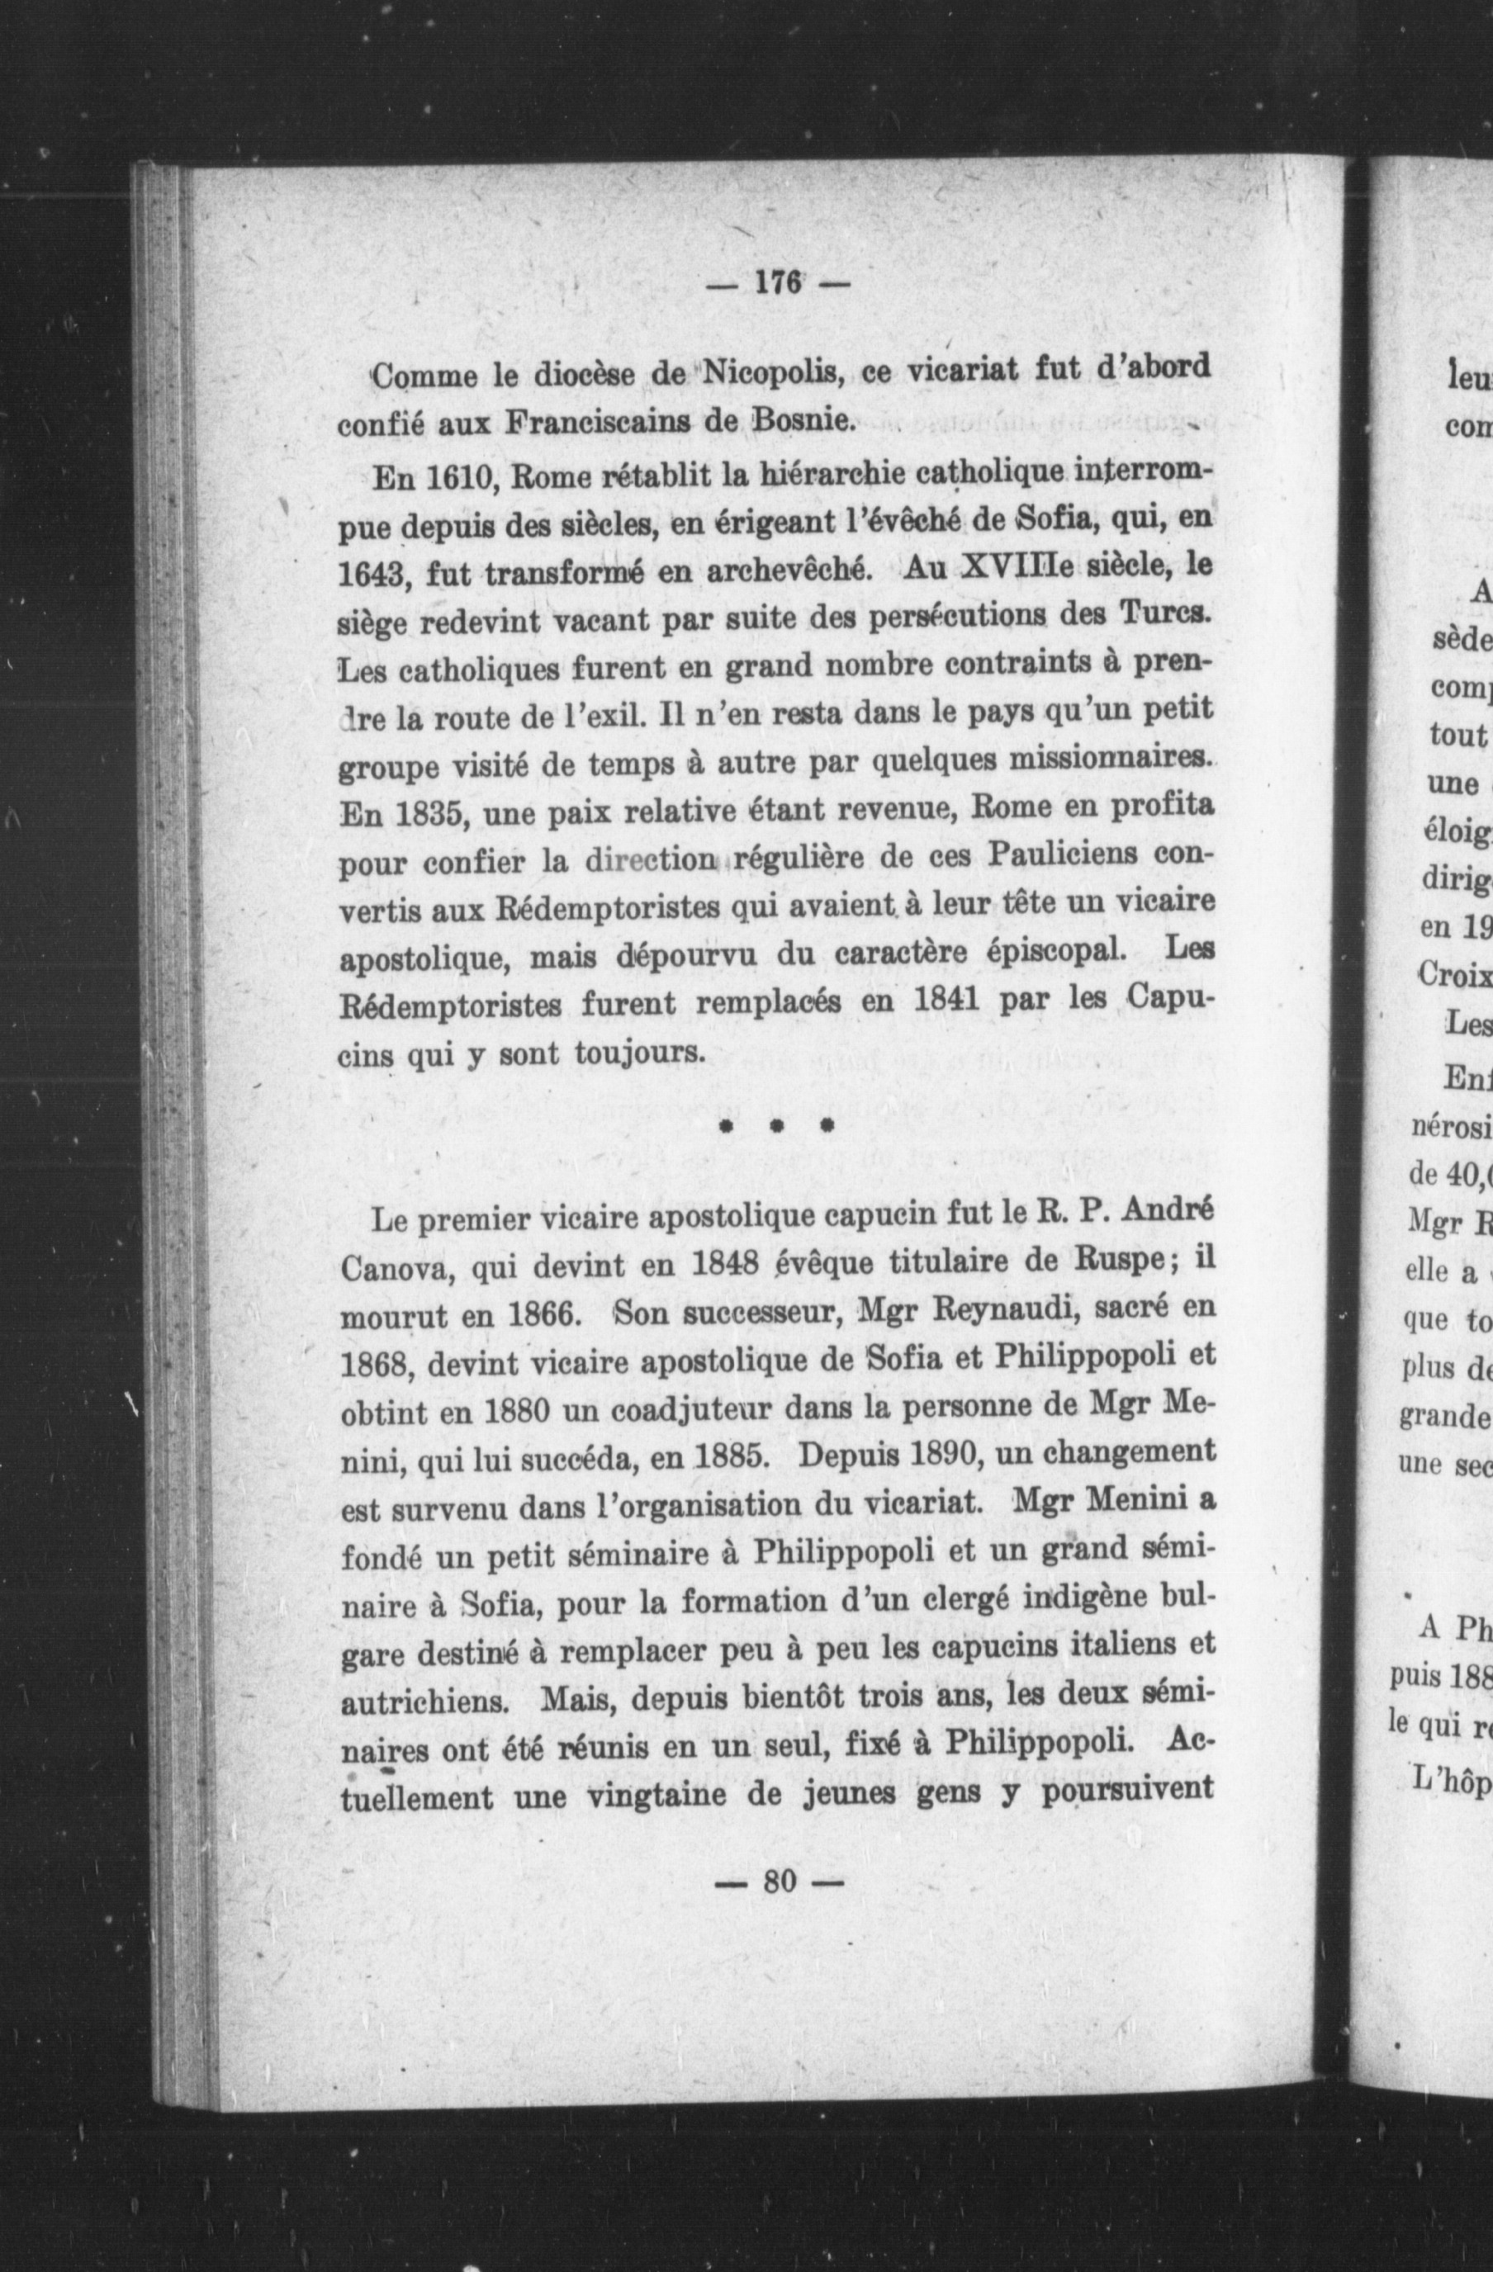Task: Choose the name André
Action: click(x=1165, y=1215)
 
